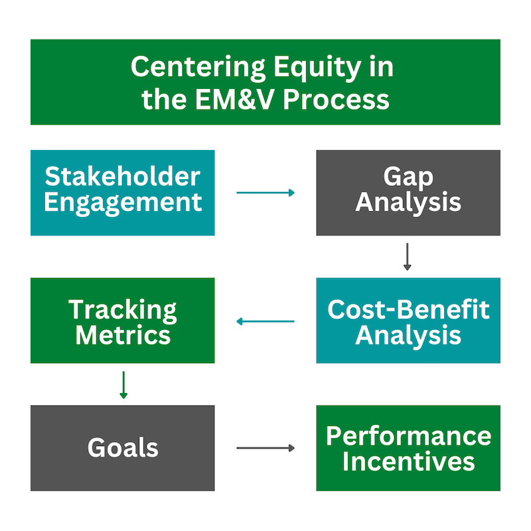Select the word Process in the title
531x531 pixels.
click(337, 100)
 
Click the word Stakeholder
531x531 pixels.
click(123, 177)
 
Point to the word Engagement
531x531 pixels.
click(123, 204)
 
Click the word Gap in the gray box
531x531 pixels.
click(408, 178)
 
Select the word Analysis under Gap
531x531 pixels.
click(408, 203)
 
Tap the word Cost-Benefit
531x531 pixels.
click(408, 309)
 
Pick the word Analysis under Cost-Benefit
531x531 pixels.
click(408, 336)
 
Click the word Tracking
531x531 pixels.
click(123, 311)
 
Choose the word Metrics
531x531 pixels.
click(123, 335)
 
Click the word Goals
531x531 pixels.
click(123, 447)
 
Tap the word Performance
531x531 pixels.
click(408, 436)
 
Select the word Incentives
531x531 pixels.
click(408, 461)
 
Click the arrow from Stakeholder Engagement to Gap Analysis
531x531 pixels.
click(265, 192)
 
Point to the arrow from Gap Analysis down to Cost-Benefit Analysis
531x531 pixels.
click(408, 257)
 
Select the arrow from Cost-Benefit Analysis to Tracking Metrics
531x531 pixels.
click(265, 321)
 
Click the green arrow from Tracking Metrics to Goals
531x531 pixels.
click(123, 385)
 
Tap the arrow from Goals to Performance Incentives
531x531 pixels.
click(265, 448)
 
